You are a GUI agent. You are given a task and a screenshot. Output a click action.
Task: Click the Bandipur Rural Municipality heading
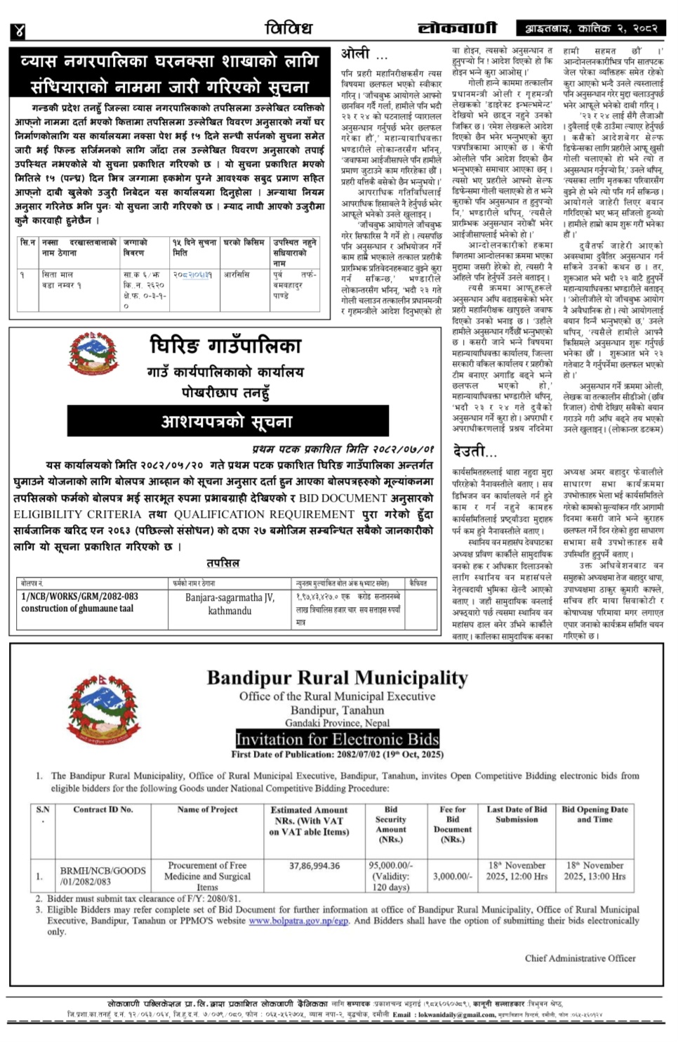point(337,678)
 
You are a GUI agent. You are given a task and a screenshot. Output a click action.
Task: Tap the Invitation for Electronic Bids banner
point(337,739)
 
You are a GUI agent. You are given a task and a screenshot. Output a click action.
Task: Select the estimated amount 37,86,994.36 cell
point(314,866)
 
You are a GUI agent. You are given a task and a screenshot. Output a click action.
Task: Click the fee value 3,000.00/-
point(453,876)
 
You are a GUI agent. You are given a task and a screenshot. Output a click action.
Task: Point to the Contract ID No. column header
point(102,809)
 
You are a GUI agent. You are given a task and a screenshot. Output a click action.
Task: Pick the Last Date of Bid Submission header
point(517,814)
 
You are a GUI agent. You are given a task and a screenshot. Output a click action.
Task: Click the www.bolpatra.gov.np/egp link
point(298,920)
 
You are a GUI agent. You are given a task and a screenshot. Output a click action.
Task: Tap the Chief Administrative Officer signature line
point(580,958)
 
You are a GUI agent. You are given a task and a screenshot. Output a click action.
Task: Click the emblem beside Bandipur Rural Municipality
point(103,710)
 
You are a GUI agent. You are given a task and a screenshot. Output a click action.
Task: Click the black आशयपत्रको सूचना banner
point(227,422)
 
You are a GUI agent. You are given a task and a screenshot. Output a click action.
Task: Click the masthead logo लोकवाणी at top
point(457,28)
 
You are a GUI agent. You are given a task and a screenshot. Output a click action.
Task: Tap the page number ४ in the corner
point(18,30)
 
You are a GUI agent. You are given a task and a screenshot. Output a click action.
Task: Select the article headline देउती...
point(474,451)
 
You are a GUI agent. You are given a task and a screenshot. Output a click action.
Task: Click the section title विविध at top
point(288,28)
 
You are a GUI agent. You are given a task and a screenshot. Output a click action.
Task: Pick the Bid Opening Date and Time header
point(594,814)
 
